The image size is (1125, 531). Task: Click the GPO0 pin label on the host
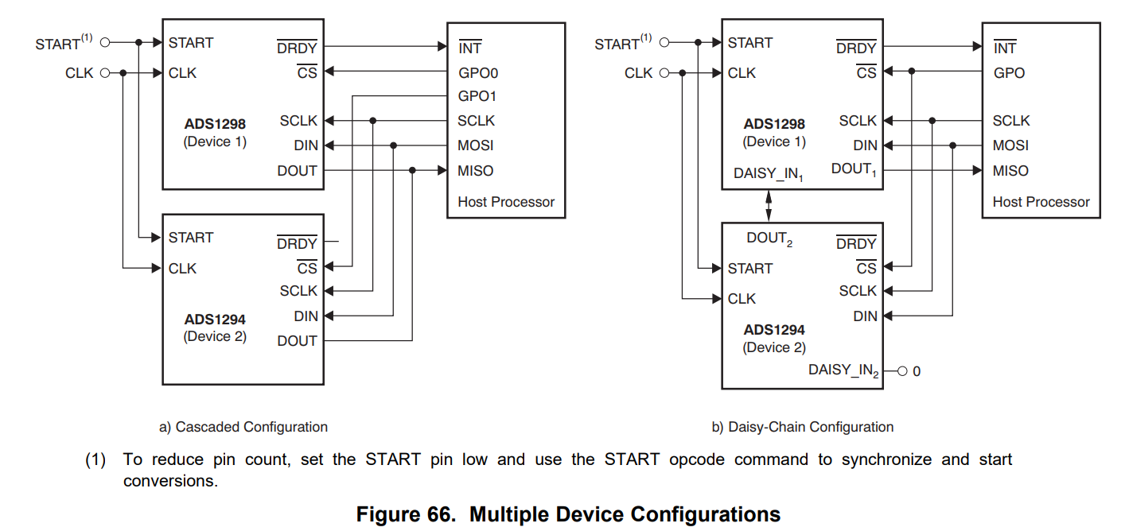pos(478,73)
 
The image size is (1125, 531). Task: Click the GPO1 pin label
pos(478,96)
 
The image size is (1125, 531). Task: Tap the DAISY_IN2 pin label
pos(844,370)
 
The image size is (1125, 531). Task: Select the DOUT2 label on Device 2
pos(769,238)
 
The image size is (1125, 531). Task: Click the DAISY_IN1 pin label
pos(769,173)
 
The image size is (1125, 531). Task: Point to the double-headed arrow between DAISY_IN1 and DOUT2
pos(769,206)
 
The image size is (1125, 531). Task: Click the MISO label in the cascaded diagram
pos(475,171)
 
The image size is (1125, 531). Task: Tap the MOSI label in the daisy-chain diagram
pos(1010,145)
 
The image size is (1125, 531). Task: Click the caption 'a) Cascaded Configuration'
pos(243,427)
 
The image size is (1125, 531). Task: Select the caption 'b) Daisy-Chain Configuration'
pos(802,427)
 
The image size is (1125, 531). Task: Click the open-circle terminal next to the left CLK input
pos(103,73)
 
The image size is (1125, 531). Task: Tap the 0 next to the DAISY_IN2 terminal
pos(917,371)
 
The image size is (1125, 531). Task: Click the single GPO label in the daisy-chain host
pos(1009,73)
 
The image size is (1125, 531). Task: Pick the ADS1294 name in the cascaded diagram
pos(215,320)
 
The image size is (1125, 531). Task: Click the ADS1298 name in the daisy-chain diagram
pos(774,124)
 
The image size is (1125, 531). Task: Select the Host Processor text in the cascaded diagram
pos(506,202)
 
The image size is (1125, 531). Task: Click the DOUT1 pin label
pos(854,169)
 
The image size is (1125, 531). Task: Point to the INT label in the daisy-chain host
pos(1005,48)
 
